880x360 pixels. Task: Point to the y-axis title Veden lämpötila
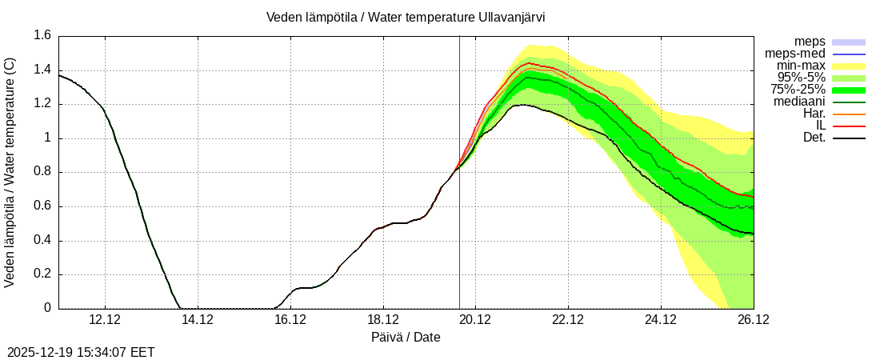pos(10,172)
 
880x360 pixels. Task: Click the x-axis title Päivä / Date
pos(406,337)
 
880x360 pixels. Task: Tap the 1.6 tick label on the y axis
pos(42,35)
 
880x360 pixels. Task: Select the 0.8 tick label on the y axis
pos(42,172)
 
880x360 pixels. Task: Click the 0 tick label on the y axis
pos(47,308)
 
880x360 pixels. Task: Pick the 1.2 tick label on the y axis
pos(42,104)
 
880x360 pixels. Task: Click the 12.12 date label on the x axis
pos(105,320)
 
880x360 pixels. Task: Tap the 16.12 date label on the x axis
pos(290,320)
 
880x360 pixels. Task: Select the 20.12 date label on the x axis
pos(475,320)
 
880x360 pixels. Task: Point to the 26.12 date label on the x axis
pos(754,320)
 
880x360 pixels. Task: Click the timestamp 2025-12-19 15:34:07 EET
pos(81,352)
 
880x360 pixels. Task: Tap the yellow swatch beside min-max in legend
pos(849,66)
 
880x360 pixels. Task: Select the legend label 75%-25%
pos(798,90)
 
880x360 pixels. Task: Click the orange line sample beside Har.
pos(849,114)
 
